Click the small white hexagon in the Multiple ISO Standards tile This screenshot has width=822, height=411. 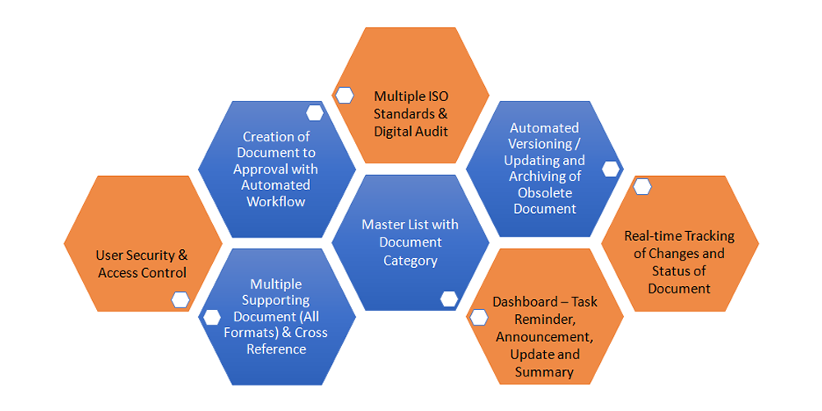tap(344, 95)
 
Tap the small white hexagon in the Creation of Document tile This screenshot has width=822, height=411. tap(314, 113)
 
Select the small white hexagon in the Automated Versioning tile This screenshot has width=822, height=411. tap(611, 169)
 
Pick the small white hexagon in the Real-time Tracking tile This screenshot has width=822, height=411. tap(642, 187)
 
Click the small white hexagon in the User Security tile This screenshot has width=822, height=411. tap(180, 299)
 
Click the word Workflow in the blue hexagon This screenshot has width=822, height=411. tap(276, 201)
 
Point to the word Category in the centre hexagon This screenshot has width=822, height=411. tap(410, 261)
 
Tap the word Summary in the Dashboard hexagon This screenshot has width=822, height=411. tap(545, 372)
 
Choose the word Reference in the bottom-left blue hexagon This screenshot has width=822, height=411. tap(276, 349)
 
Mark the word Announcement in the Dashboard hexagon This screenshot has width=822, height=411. tap(545, 337)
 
